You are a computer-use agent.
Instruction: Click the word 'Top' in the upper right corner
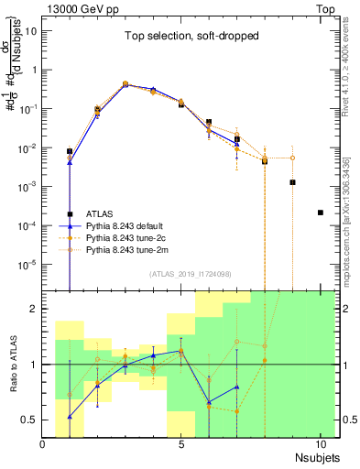tap(327, 7)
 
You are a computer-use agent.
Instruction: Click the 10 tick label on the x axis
tap(320, 444)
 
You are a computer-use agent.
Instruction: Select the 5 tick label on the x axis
tap(181, 444)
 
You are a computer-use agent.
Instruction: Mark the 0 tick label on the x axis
tap(43, 444)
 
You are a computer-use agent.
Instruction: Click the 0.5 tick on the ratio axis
tap(29, 420)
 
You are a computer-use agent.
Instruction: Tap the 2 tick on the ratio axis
tap(34, 309)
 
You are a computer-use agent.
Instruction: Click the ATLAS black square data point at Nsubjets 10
tap(320, 213)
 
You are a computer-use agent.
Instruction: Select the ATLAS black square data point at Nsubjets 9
tap(292, 182)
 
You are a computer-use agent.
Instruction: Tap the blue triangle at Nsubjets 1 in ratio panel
tap(71, 417)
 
